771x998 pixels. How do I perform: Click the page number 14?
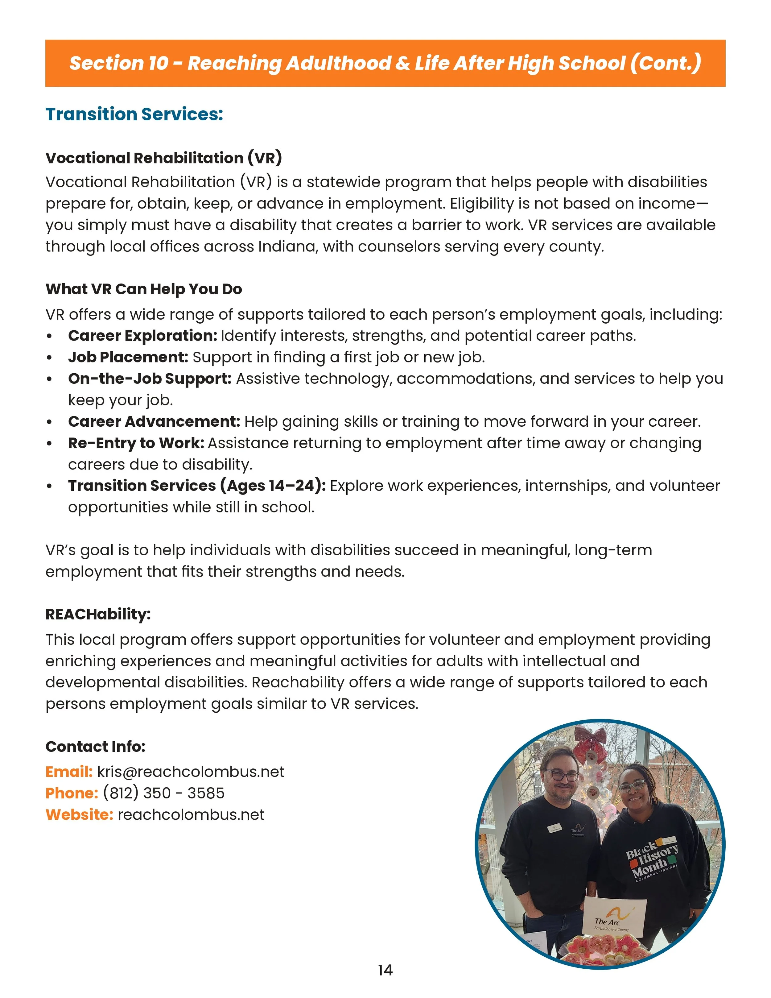[x=385, y=970]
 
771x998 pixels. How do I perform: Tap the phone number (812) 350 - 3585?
[x=163, y=793]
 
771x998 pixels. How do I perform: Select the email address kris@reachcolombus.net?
[x=191, y=772]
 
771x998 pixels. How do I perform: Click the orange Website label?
[x=79, y=815]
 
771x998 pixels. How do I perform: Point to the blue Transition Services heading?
[x=134, y=114]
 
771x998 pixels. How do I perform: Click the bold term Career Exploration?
[x=142, y=336]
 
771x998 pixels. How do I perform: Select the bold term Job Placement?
[x=128, y=357]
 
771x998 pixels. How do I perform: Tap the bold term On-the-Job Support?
[x=150, y=379]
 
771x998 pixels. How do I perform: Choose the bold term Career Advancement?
[x=154, y=422]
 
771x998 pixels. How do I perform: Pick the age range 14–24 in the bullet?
[x=293, y=486]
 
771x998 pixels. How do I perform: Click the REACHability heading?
[x=98, y=615]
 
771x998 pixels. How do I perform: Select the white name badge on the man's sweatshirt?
[x=554, y=828]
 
